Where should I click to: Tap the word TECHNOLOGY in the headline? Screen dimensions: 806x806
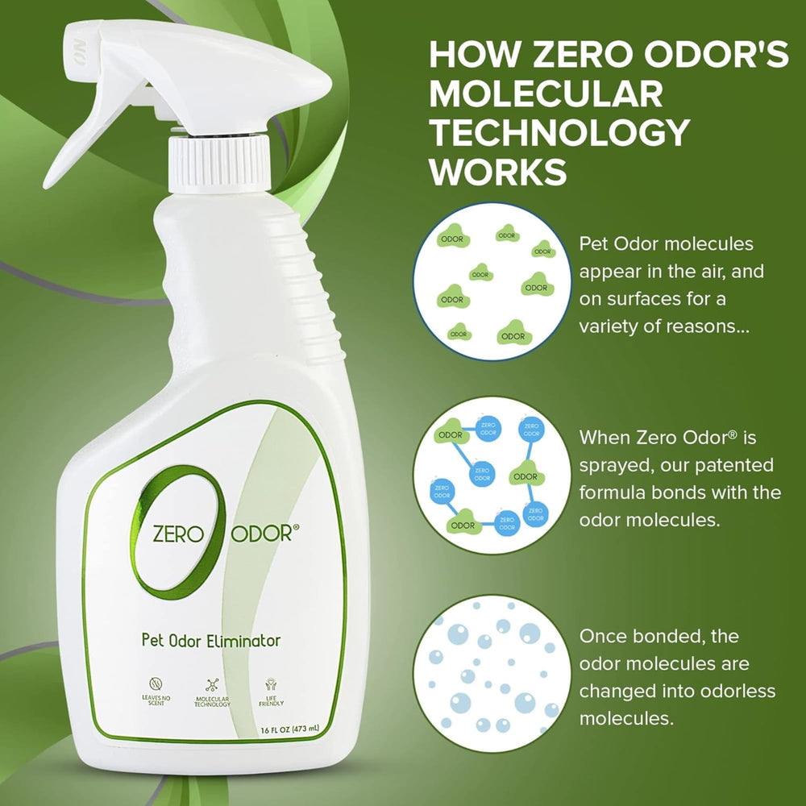coord(559,133)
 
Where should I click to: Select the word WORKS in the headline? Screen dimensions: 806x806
coord(497,172)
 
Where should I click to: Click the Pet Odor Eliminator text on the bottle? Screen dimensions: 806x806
coord(210,642)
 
